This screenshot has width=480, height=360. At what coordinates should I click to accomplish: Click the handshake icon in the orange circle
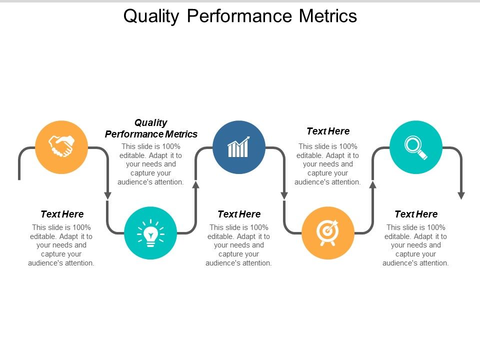click(x=61, y=146)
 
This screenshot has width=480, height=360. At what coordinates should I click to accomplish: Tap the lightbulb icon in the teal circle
click(x=150, y=233)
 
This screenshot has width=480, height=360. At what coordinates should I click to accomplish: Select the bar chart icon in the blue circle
click(x=239, y=147)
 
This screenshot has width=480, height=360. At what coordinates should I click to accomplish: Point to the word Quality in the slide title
click(x=150, y=16)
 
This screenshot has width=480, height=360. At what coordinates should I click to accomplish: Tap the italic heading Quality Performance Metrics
click(x=151, y=128)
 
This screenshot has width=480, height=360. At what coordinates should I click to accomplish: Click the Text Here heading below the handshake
click(x=62, y=214)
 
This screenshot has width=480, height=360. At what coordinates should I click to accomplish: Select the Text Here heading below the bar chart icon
click(x=239, y=214)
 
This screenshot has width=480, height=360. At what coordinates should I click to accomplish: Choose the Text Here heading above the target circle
click(x=328, y=131)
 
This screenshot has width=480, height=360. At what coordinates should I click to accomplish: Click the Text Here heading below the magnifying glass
click(x=416, y=214)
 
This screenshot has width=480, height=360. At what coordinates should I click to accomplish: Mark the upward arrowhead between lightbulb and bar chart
click(x=195, y=184)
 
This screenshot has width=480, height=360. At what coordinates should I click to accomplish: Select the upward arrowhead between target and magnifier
click(x=372, y=184)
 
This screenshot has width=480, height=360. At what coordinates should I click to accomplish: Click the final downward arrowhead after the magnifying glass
click(x=461, y=195)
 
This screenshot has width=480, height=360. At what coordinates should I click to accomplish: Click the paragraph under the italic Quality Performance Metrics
click(x=151, y=164)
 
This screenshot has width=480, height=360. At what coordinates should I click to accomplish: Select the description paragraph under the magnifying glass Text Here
click(x=416, y=245)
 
